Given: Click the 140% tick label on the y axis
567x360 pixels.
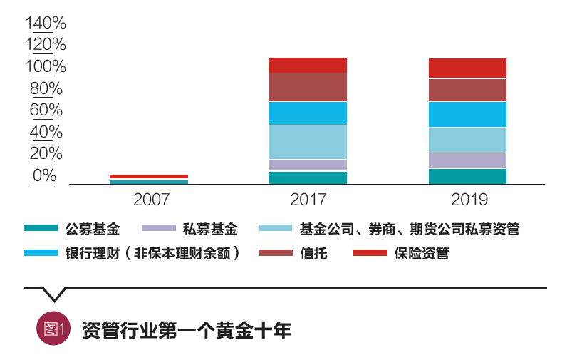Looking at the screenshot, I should point(46,23).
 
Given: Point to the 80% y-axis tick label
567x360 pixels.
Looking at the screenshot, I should point(46,89).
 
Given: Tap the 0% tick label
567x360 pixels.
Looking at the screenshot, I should point(44,176).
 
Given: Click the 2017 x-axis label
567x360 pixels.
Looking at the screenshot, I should point(308,199).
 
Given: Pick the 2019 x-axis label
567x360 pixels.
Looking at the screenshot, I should point(467,199).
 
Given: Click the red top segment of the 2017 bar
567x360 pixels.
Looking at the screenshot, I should point(308,65).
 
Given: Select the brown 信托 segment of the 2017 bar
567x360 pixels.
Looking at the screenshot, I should point(308,87).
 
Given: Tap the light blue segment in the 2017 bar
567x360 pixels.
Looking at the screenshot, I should point(308,142).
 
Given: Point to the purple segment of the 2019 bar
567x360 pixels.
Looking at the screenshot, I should point(467,160).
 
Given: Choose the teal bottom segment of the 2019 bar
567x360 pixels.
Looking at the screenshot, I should point(467,176).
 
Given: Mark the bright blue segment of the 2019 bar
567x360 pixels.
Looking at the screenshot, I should point(467,114).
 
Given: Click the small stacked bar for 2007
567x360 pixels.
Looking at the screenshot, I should point(148,179).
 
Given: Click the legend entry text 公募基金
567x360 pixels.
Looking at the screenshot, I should point(93,230).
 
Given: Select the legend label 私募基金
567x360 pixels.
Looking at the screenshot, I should point(210,230).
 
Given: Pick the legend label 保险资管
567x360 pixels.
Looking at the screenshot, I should point(422,253).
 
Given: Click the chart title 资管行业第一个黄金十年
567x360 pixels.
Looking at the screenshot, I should point(187,330).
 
